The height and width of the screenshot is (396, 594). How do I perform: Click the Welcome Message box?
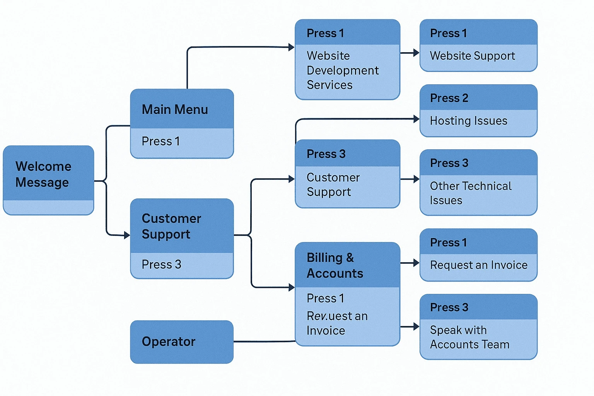48,180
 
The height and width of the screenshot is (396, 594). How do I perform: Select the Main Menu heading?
175,109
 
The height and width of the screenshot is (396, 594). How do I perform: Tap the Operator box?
182,341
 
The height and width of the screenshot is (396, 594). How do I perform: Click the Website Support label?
472,56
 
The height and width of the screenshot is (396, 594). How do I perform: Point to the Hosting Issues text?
469,121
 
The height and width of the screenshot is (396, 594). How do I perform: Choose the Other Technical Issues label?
471,193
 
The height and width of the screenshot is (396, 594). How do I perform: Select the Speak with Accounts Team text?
469,337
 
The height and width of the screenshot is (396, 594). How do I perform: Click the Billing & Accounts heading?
335,265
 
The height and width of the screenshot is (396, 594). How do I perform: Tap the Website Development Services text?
343,70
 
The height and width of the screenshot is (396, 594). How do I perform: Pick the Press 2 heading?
449,98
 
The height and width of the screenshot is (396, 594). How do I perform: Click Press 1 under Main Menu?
161,141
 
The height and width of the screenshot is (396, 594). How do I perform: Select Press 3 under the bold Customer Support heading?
162,265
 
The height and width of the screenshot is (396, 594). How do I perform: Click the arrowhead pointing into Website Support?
416,53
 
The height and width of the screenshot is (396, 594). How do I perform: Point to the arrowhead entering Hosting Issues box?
416,119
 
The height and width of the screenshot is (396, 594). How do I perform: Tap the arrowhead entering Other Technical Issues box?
416,179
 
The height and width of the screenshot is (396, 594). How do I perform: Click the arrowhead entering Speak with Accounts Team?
416,326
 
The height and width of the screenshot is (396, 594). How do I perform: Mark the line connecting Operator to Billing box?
265,341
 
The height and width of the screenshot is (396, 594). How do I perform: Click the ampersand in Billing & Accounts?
350,258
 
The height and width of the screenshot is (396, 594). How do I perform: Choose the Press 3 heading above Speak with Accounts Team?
449,307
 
